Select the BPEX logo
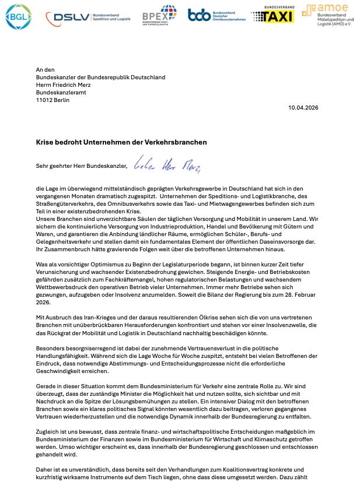coord(159,16)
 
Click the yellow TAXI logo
coord(271,16)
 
